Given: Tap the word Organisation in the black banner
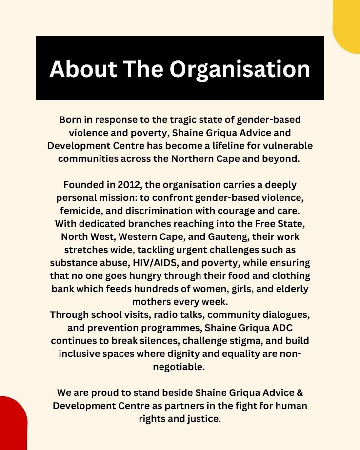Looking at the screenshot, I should [x=240, y=69].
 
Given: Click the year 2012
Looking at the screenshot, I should [x=130, y=185].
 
